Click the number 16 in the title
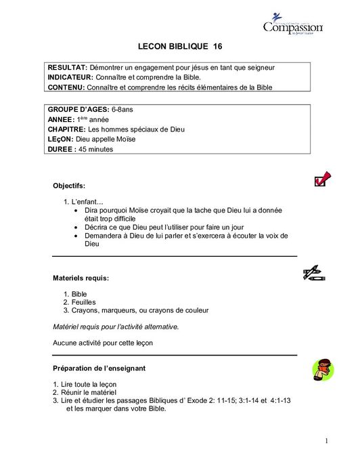217,46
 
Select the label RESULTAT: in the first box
67,68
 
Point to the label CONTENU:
66,87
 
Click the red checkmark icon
322,179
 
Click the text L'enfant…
87,202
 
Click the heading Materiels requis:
81,278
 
